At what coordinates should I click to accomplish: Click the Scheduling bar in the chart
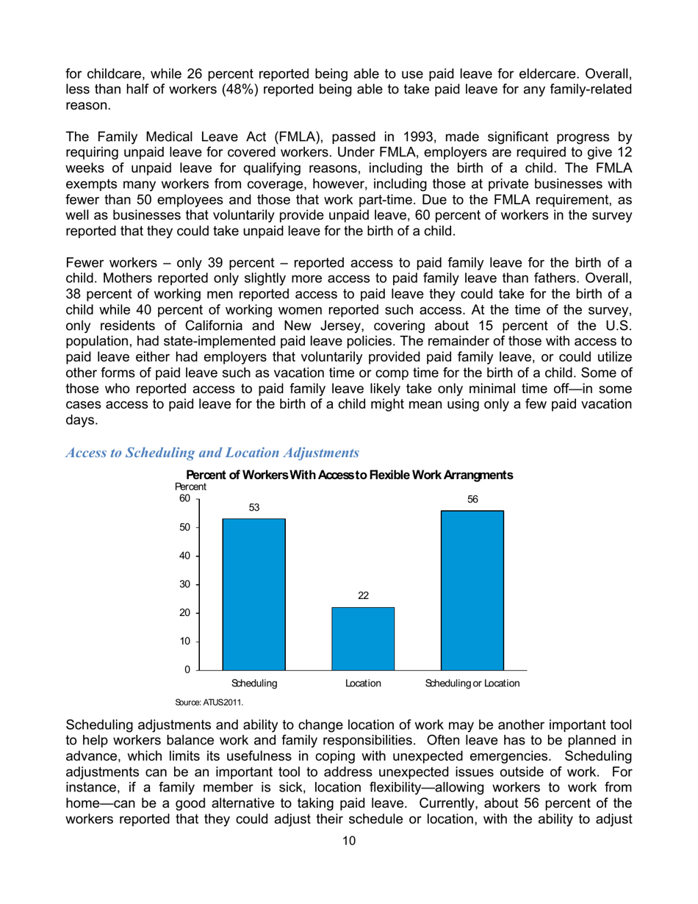tap(253, 594)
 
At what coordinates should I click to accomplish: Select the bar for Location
tap(363, 638)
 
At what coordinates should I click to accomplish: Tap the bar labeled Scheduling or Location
tap(472, 590)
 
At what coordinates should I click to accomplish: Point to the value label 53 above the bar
tap(253, 508)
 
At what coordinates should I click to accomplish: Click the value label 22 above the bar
tap(363, 596)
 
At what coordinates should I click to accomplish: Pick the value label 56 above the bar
tap(472, 500)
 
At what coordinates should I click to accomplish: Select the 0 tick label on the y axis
tap(187, 670)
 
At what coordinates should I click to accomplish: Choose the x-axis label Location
tap(363, 684)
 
